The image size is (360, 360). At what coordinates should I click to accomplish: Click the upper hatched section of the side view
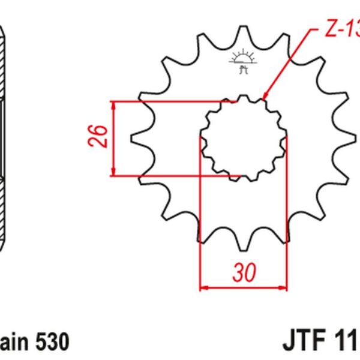point(5,66)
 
